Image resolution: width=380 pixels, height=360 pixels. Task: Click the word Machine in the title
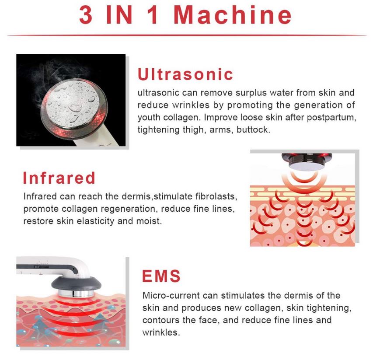click(x=233, y=15)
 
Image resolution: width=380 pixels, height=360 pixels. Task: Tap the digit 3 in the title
click(x=86, y=15)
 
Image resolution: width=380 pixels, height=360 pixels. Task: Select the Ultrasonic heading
click(x=185, y=74)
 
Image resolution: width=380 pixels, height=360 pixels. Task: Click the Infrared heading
click(x=59, y=178)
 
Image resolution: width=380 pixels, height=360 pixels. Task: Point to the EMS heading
click(x=161, y=276)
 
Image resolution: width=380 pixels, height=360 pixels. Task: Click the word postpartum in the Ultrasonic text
click(x=331, y=118)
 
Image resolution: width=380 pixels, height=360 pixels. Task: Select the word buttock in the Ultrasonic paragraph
click(x=253, y=130)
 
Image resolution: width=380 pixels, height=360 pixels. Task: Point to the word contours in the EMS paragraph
click(x=161, y=320)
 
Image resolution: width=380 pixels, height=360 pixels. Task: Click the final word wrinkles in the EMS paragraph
click(x=161, y=332)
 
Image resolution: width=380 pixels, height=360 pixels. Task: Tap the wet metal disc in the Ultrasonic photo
click(x=73, y=103)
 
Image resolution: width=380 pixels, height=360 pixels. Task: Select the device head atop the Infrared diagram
click(x=307, y=161)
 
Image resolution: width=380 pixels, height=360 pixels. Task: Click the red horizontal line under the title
click(x=187, y=35)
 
